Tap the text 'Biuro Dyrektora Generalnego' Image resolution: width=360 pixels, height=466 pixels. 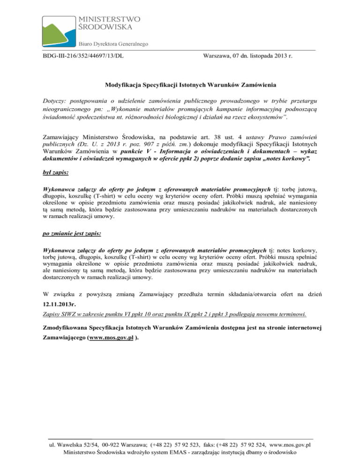point(114,44)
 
